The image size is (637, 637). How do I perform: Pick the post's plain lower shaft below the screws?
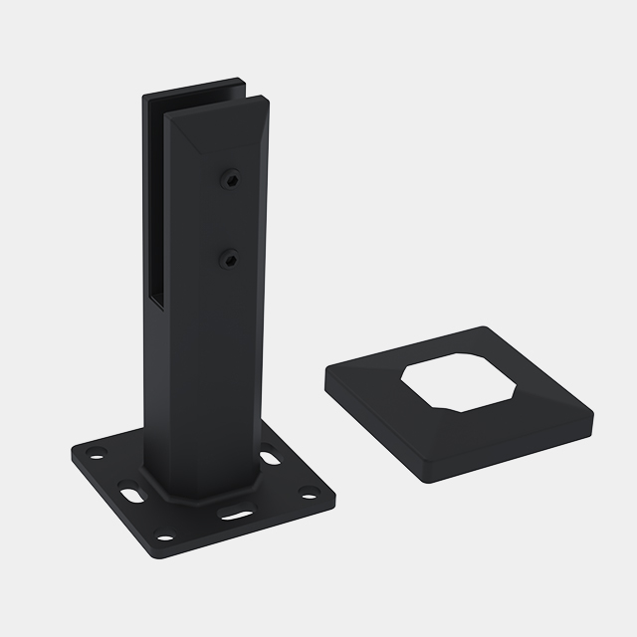pos(204,378)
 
